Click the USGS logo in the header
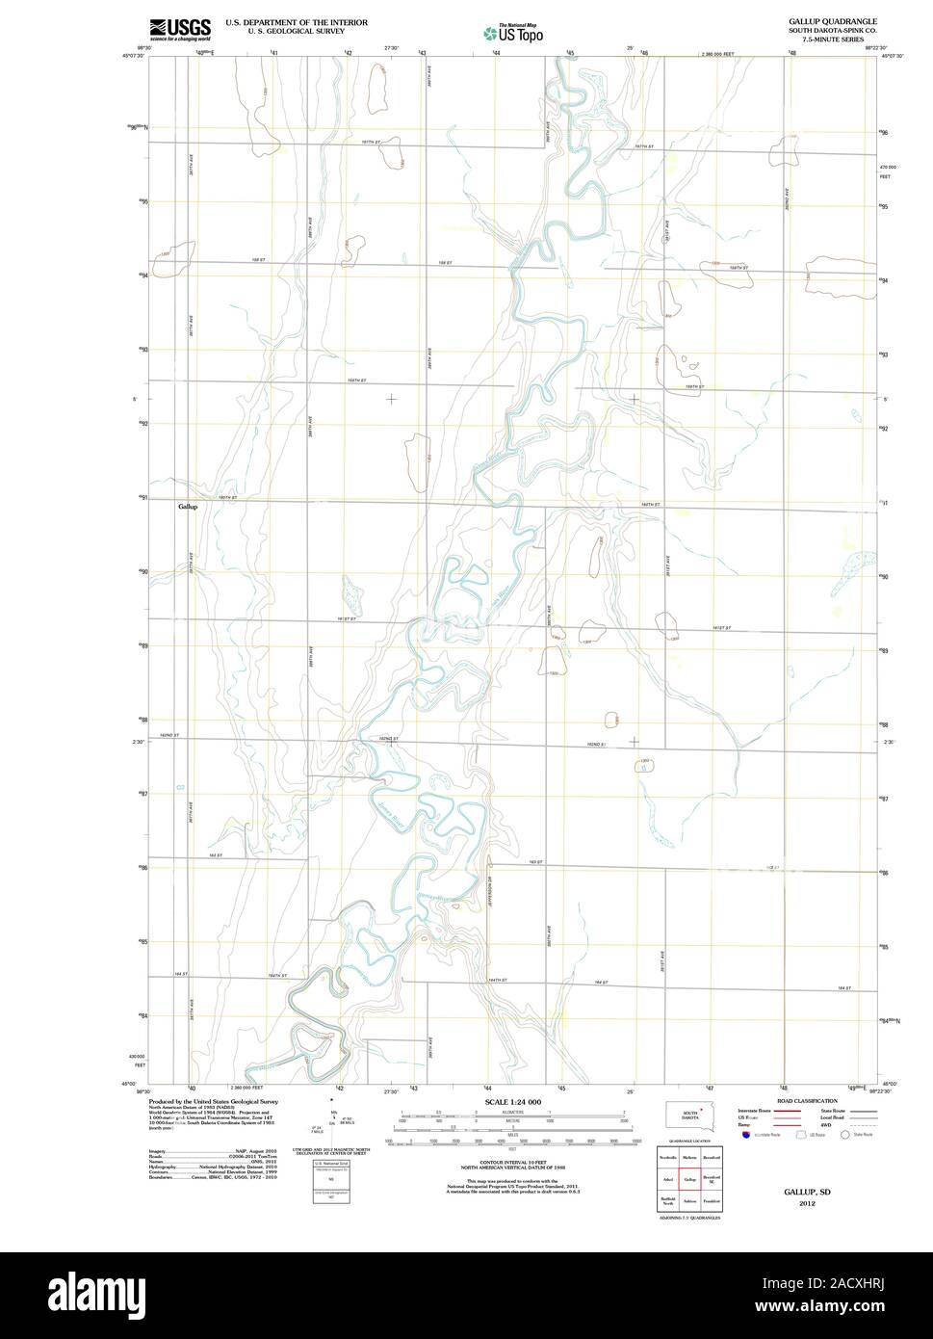[180, 29]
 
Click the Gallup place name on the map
[187, 507]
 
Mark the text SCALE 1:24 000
[512, 1102]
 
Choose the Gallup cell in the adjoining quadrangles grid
[689, 1179]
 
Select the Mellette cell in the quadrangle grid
[689, 1157]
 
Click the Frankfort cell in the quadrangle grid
[712, 1201]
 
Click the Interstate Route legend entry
[758, 1111]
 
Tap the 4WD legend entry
[826, 1125]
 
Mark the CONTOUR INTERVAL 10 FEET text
[512, 1163]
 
